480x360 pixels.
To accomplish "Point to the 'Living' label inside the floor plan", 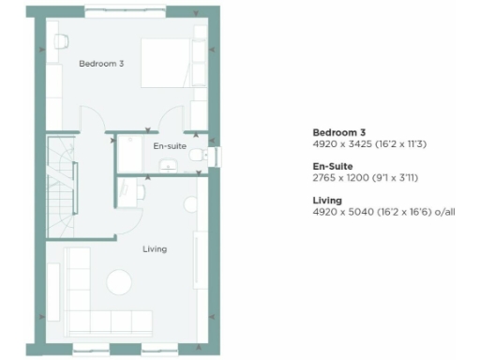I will [x=155, y=249].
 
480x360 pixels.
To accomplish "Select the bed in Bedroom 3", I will [x=166, y=63].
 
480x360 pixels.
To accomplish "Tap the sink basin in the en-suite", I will [x=170, y=166].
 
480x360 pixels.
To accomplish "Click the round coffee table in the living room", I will [x=119, y=281].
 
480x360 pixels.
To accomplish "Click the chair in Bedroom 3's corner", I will [x=62, y=41].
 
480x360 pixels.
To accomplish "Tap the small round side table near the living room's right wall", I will [x=191, y=204].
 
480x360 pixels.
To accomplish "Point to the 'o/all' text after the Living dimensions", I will [x=443, y=212].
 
